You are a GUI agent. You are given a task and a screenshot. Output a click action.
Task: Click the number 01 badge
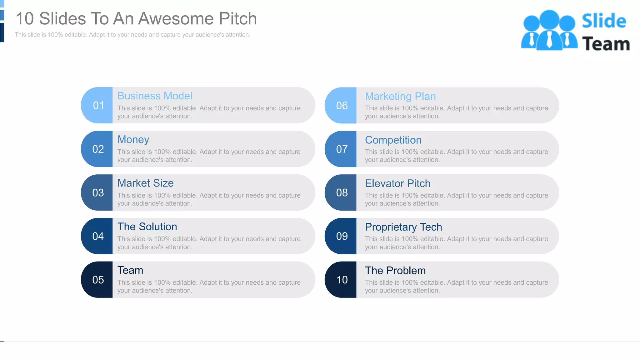point(98,105)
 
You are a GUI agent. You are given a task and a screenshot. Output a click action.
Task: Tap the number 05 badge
point(98,280)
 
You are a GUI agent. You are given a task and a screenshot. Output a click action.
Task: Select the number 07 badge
point(342,149)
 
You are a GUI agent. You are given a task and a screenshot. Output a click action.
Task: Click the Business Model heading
point(155,96)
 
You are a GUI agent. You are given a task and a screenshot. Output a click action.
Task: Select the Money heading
point(133,140)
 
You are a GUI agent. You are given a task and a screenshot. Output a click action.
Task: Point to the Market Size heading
point(145,183)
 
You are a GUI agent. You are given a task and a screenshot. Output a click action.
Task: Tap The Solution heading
point(147,227)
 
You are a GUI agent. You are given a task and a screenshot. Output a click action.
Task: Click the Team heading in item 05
point(130,270)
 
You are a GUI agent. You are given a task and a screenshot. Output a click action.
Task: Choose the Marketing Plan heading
point(400,97)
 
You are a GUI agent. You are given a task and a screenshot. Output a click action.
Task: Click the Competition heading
point(393,140)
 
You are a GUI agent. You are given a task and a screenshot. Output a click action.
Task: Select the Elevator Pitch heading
point(397,183)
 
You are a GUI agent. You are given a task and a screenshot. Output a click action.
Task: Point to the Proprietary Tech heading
point(403,227)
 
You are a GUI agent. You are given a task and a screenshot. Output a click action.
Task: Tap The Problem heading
point(395,271)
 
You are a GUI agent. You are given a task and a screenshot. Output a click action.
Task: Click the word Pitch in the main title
point(237,19)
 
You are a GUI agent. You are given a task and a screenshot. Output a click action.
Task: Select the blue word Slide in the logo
point(604,21)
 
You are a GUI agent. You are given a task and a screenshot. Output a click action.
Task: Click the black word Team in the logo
point(606,44)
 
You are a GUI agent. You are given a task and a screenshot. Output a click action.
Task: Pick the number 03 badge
point(98,192)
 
